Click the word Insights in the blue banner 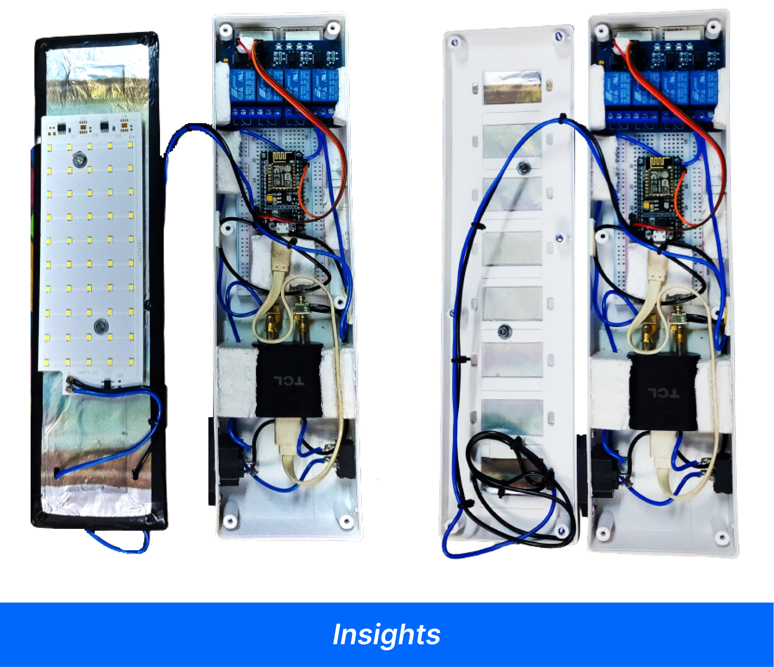386,634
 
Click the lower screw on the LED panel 101,326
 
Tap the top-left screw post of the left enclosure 225,30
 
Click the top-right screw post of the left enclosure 333,28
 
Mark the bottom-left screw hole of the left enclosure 230,522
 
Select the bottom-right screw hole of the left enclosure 346,522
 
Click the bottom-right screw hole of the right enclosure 722,537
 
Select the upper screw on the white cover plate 523,167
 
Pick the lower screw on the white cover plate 503,331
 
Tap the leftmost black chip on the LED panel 62,128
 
